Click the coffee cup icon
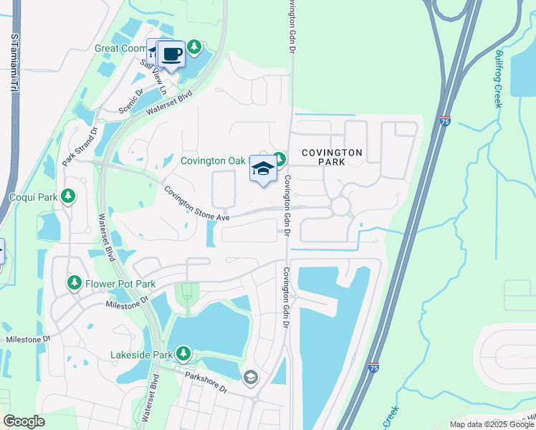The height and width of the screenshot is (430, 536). point(171,54)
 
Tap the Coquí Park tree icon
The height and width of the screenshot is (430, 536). point(68,196)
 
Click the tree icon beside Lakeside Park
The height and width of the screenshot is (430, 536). point(183,353)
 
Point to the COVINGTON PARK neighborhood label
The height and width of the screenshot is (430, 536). point(332,157)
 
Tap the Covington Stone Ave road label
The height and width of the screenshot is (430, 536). point(196,204)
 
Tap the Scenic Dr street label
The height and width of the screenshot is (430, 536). point(131,101)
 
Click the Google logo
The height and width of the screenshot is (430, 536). point(24,421)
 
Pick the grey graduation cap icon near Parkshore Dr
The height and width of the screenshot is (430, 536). point(251,377)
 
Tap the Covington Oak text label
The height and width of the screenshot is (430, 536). point(213,160)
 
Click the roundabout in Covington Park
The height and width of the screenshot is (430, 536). point(340,206)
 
